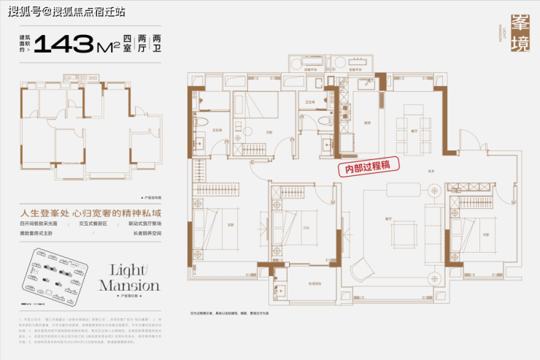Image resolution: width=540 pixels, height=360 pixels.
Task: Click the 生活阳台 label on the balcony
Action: pos(315,283)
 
